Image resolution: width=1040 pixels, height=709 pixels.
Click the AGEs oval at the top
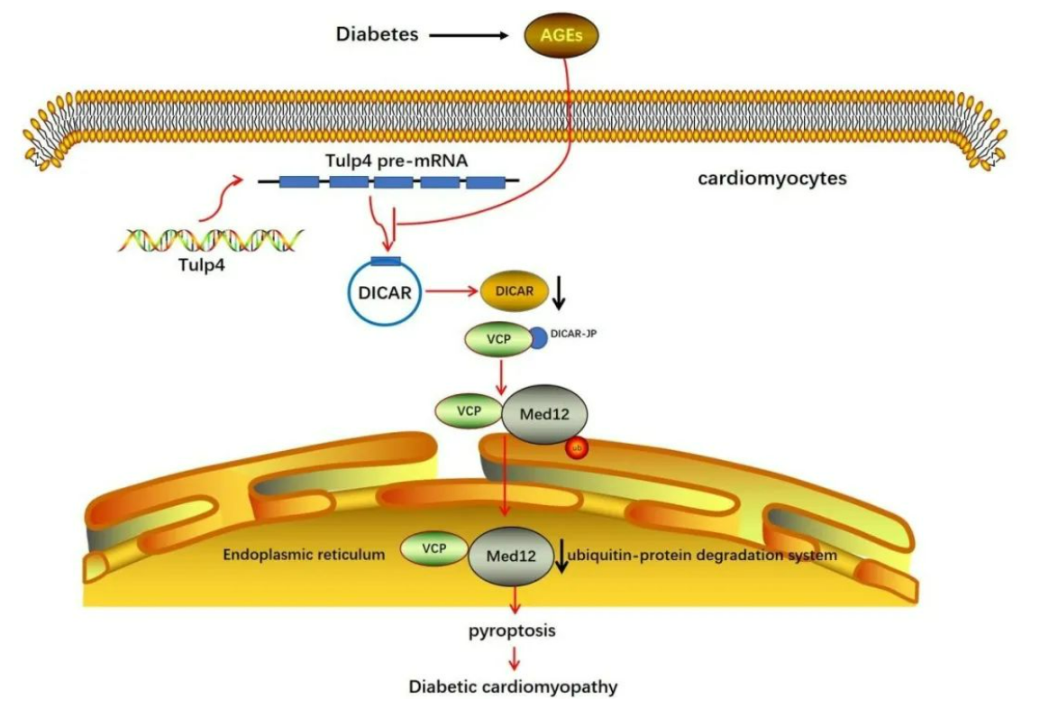[x=561, y=35]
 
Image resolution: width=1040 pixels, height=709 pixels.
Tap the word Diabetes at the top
[x=377, y=35]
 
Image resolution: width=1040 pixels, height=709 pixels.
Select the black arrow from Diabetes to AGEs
[x=469, y=36]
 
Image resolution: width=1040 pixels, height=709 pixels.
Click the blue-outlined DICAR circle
[x=384, y=292]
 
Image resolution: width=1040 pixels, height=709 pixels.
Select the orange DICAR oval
[x=515, y=290]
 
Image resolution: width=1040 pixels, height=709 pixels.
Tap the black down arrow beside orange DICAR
[x=560, y=290]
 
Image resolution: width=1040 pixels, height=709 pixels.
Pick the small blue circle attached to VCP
[x=537, y=338]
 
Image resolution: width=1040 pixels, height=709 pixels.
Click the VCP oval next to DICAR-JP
[x=496, y=339]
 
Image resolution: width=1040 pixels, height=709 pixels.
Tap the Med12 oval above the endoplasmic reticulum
[x=543, y=415]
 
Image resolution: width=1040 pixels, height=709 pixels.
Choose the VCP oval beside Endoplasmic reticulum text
[x=433, y=549]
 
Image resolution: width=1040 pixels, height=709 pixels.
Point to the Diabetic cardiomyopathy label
[x=514, y=686]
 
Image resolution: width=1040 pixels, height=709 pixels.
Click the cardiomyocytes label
[x=772, y=178]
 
